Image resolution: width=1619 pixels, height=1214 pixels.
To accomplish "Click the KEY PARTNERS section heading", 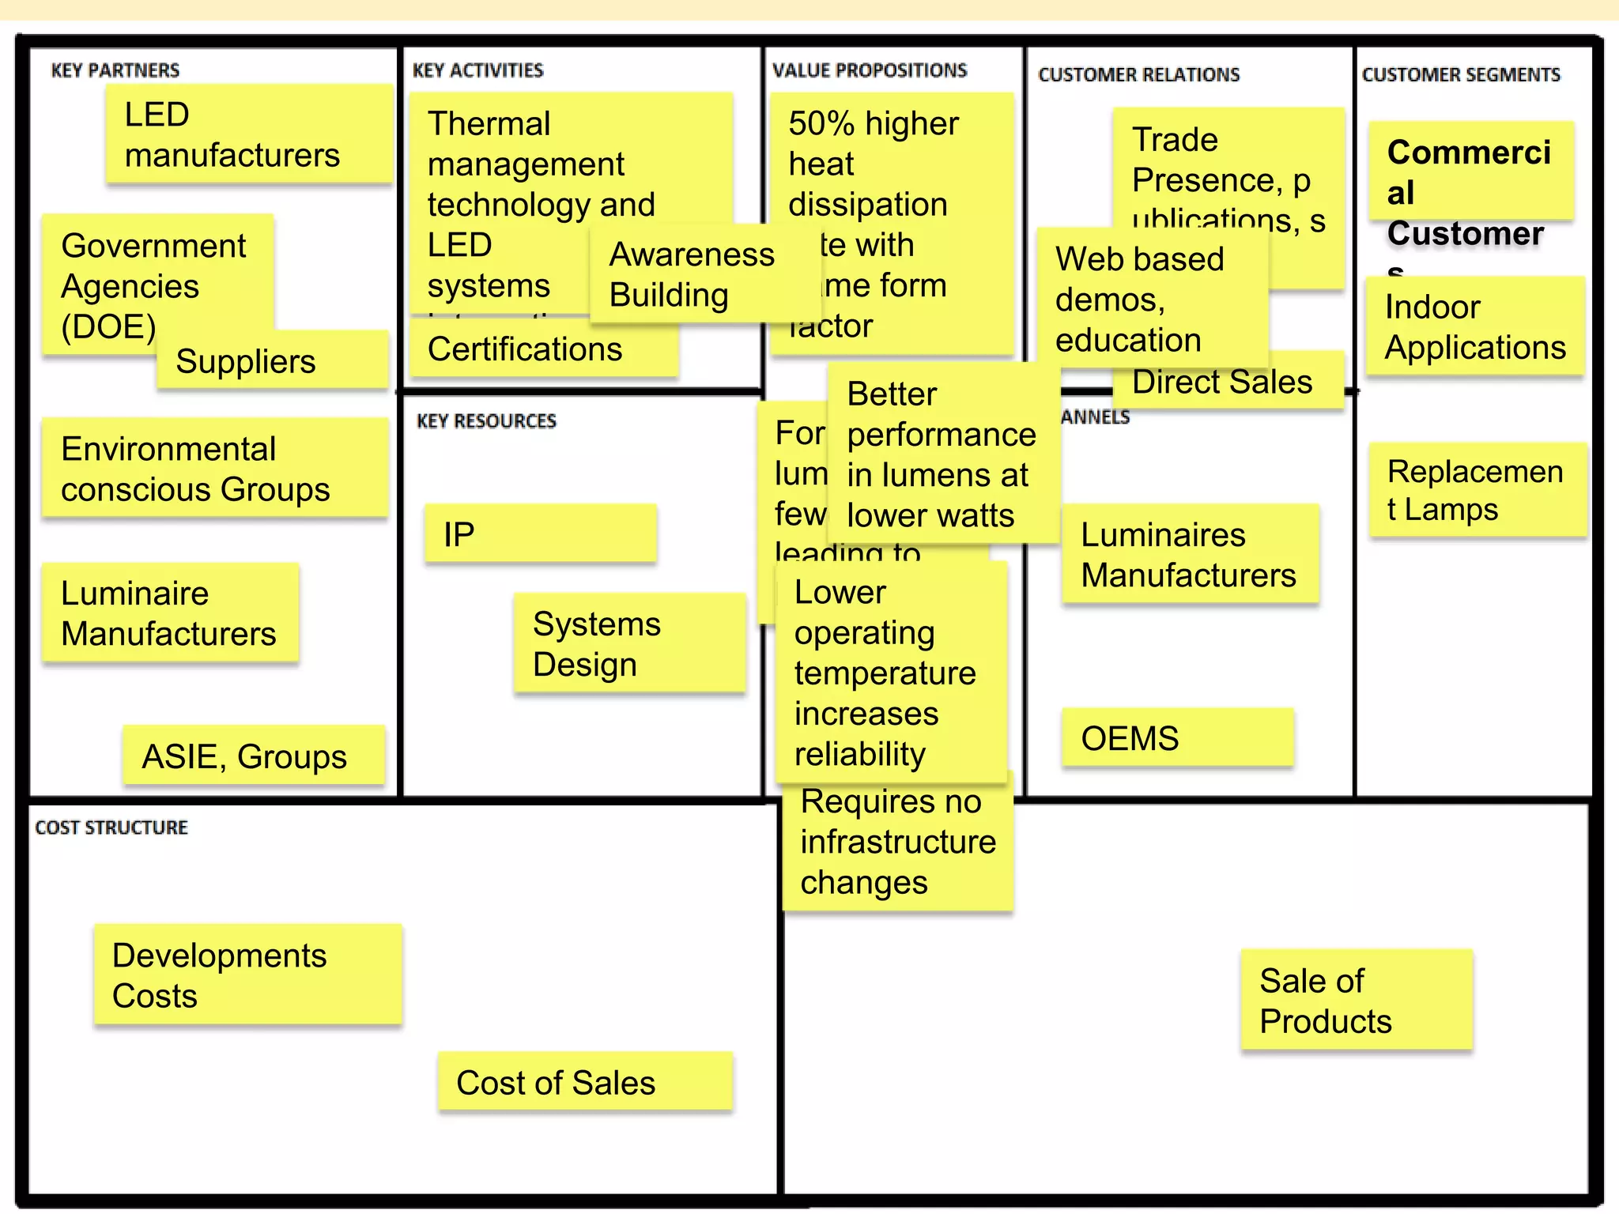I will pos(115,70).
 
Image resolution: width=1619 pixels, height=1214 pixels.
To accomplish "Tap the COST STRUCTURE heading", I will pos(111,828).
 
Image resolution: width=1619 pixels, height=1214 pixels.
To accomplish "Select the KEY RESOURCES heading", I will pos(486,420).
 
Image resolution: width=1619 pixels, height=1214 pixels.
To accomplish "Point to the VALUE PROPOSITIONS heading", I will pos(870,70).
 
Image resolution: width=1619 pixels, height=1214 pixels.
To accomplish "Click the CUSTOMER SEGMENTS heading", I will pos(1461,74).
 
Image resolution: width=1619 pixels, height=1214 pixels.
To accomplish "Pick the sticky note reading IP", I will pos(540,534).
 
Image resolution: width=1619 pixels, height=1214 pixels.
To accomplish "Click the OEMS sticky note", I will pos(1177,738).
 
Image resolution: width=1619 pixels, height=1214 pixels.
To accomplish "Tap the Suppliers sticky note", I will pos(271,361).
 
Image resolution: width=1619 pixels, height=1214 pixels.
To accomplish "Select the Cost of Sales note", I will pos(585,1082).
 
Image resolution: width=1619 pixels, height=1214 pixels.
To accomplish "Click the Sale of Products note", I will pos(1356,1001).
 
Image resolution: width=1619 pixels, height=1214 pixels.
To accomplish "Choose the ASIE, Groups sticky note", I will pos(253,756).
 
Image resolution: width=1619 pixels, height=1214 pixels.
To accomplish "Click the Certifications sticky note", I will pos(543,349).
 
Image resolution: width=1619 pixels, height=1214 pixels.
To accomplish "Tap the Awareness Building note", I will pos(692,274).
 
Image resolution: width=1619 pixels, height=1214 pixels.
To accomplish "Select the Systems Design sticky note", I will pos(628,643).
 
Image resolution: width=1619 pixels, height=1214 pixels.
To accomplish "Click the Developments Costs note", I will pos(247,975).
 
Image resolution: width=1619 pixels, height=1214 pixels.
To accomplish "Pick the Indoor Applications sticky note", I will pos(1475,326).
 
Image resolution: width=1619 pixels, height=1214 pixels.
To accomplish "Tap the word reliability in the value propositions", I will pos(859,754).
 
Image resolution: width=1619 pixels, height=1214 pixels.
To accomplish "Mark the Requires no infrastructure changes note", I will pos(898,843).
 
